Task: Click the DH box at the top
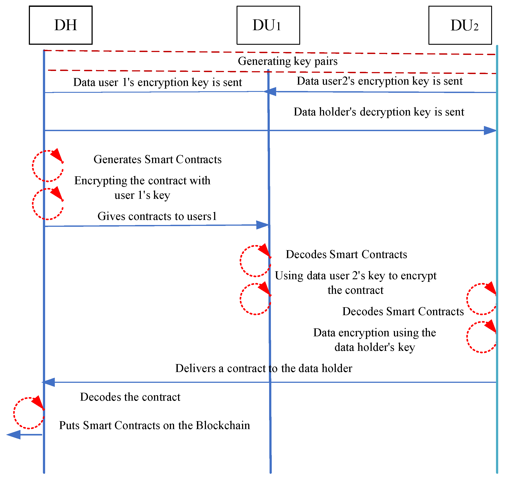pyautogui.click(x=61, y=25)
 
